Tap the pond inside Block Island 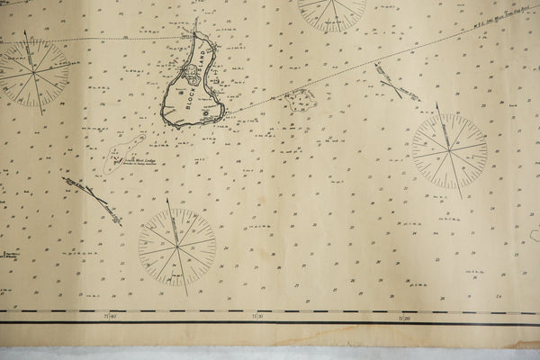pos(193,73)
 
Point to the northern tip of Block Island pos(194,34)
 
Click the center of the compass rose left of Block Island pos(35,72)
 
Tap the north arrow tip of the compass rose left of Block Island pos(26,32)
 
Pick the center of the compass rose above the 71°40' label pos(177,247)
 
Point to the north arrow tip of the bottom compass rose pos(168,201)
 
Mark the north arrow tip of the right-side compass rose pos(437,103)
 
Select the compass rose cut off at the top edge pos(332,9)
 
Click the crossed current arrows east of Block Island pos(396,83)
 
